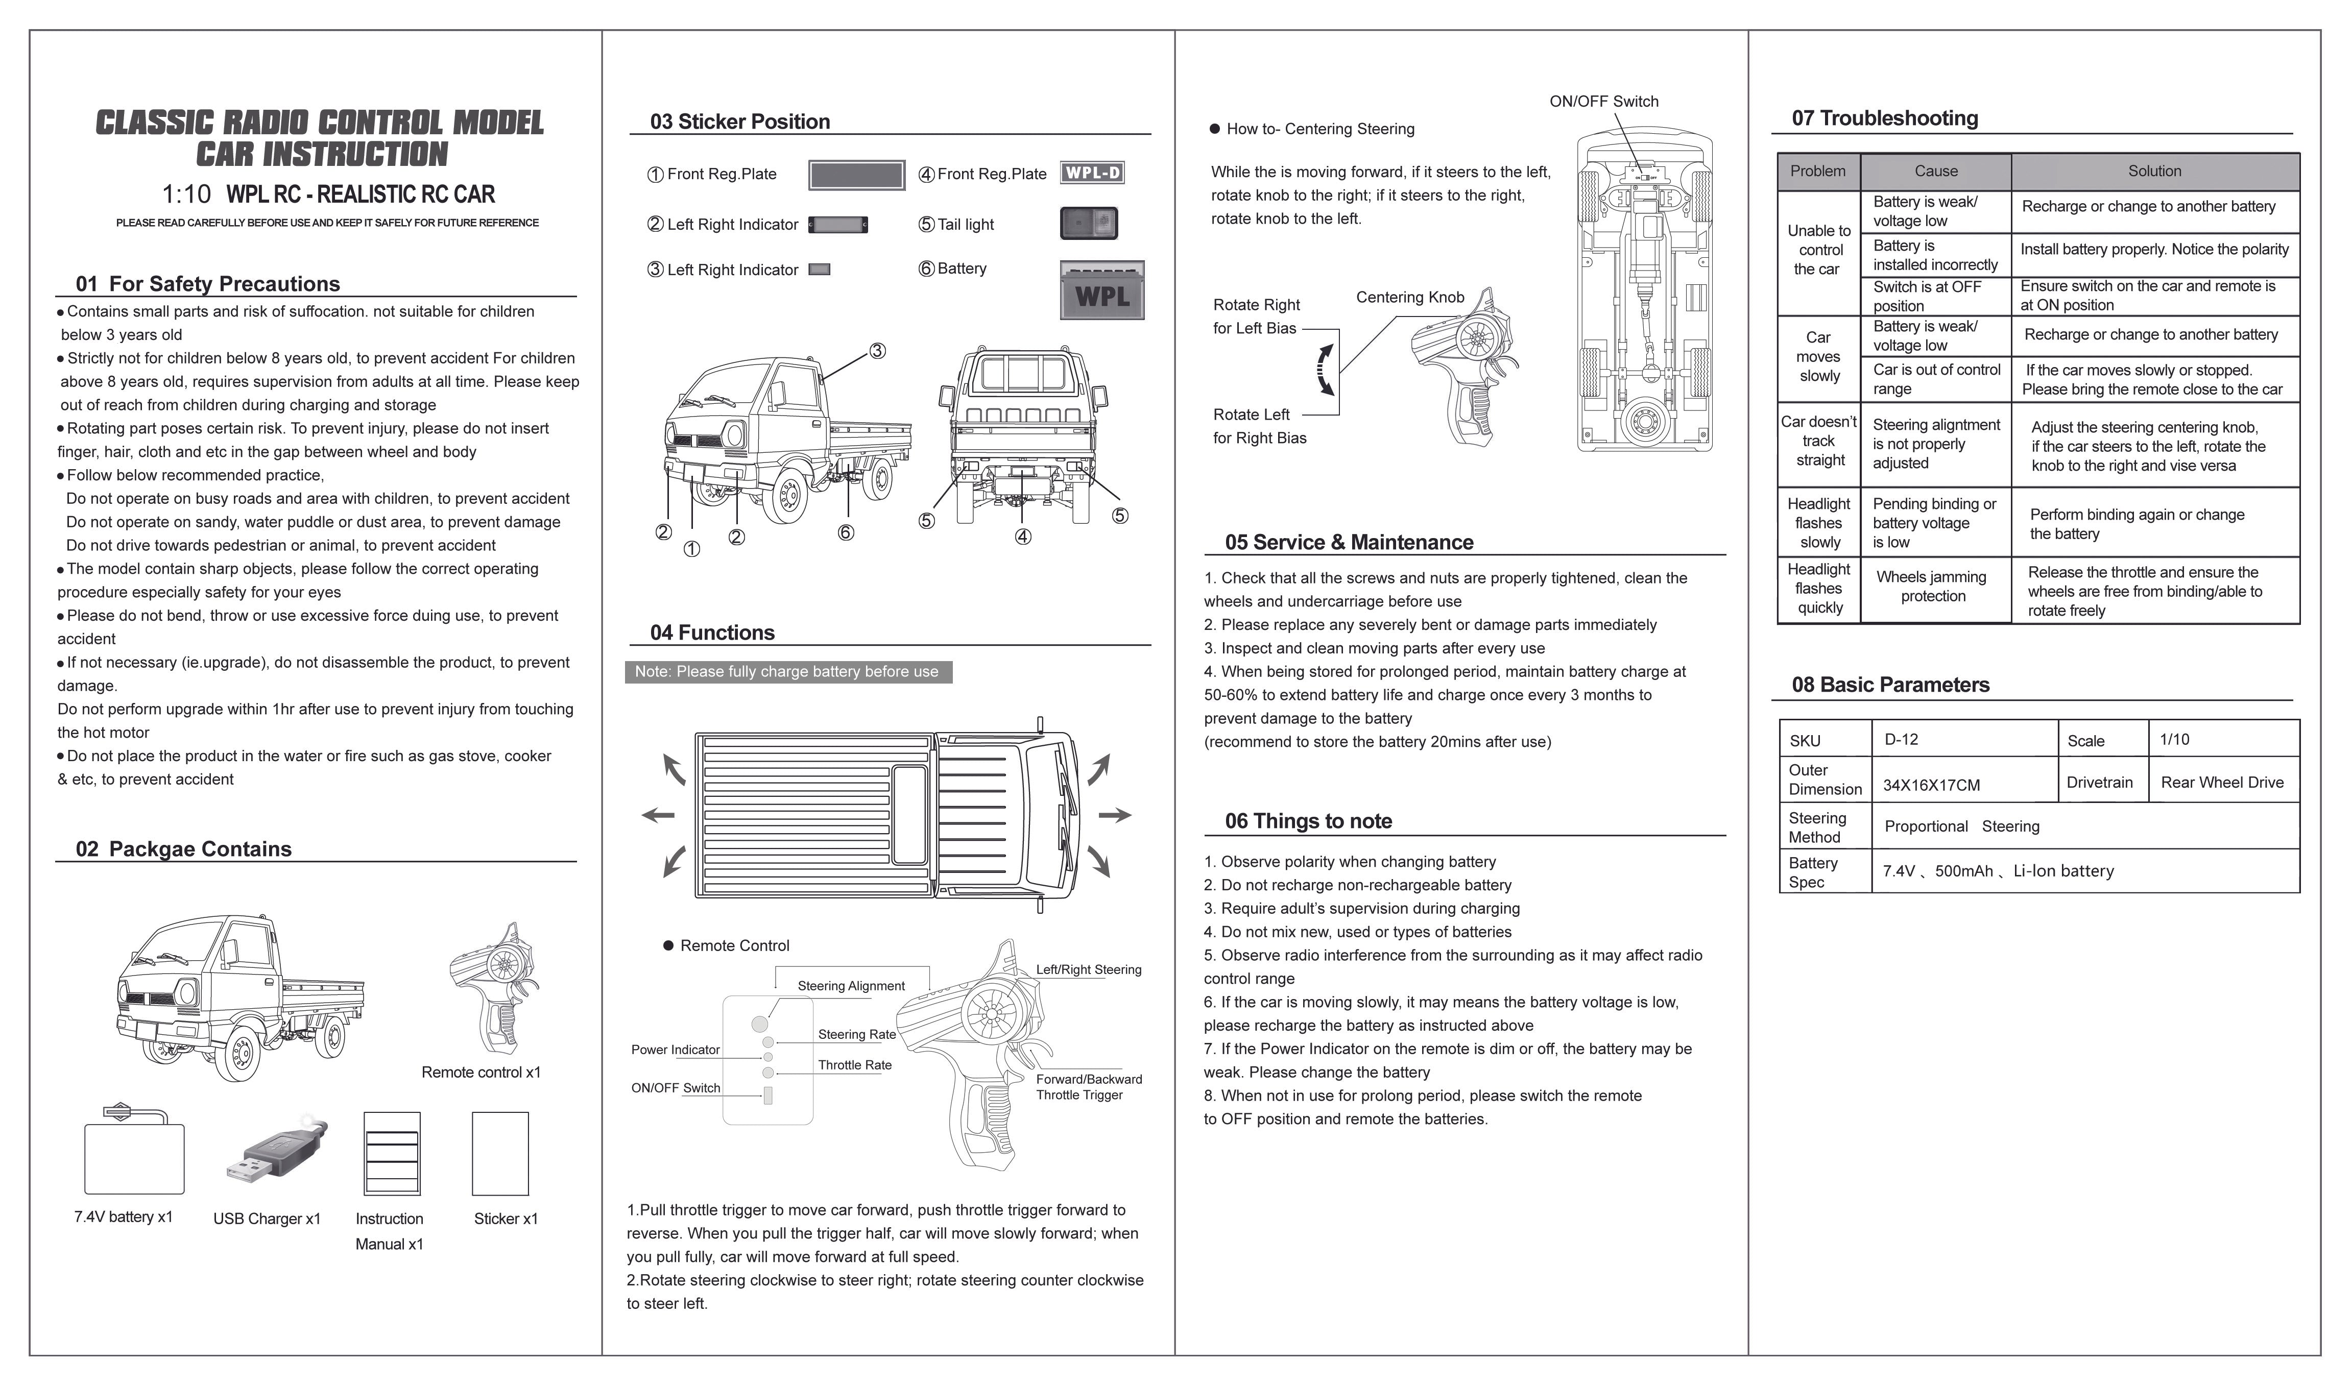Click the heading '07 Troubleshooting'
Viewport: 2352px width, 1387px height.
coord(1885,119)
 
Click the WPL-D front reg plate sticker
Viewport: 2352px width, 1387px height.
coord(1092,173)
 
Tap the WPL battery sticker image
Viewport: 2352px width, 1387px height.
coord(1101,290)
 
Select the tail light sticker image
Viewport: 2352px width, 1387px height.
coord(1088,224)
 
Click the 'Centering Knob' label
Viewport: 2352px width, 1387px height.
coord(1410,297)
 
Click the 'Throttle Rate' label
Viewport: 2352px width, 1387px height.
coord(854,1065)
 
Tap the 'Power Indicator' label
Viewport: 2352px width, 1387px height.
coord(675,1050)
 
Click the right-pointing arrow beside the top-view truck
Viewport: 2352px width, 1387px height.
coord(1114,815)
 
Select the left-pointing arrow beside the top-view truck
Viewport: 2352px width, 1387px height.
coord(658,815)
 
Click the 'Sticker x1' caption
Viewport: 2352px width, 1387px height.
coord(506,1219)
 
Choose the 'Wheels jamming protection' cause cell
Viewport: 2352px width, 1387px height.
coord(1932,587)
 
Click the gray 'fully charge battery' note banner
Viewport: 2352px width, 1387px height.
coord(787,672)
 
